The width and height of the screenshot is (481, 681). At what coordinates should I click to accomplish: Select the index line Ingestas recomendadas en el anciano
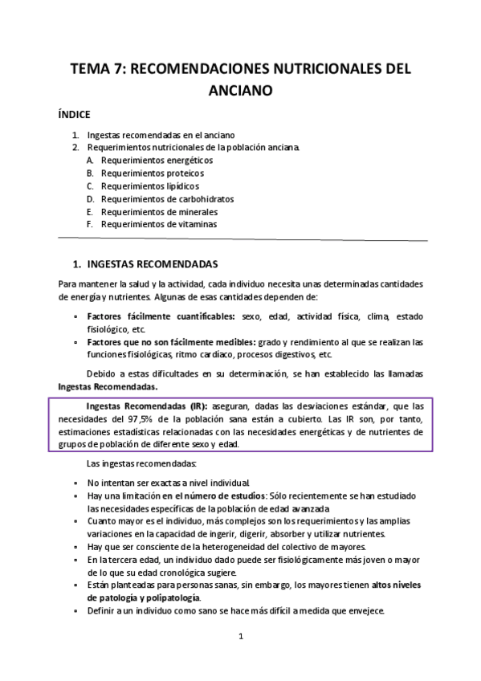pyautogui.click(x=161, y=134)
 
